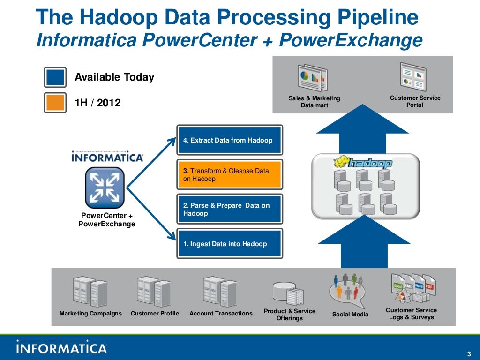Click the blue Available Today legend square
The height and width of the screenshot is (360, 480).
pos(55,77)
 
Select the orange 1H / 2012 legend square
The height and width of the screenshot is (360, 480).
pos(55,103)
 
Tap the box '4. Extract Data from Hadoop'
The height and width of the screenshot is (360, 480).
pos(230,140)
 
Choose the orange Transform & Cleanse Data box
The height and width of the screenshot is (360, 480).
pos(230,174)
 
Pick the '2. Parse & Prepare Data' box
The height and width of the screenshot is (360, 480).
pos(230,209)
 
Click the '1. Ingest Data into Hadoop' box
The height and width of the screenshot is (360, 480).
pos(230,244)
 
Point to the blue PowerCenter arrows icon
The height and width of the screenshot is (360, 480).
pos(105,187)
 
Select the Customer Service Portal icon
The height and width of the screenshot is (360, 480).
pos(413,76)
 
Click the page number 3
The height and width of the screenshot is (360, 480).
pos(469,353)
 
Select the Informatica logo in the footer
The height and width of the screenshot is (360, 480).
pos(62,347)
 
